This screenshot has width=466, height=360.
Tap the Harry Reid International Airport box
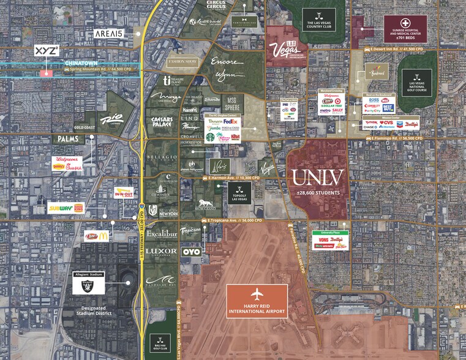click(257, 299)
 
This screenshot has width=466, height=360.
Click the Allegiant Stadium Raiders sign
click(89, 283)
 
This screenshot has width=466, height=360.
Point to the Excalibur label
click(162, 233)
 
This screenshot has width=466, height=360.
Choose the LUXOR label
click(162, 251)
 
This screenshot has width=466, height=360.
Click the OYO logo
click(192, 251)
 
